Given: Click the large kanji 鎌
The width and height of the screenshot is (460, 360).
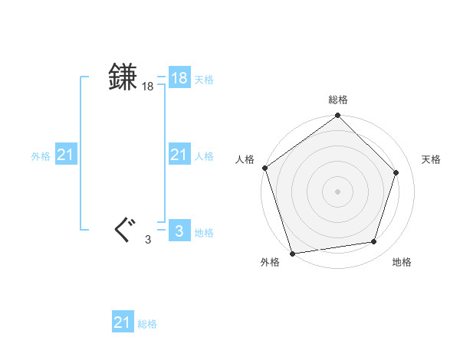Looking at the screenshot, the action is pyautogui.click(x=123, y=77).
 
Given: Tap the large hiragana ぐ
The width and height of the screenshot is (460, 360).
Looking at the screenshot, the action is pyautogui.click(x=123, y=230).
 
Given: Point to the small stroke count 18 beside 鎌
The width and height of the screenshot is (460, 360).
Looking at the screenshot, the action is pyautogui.click(x=147, y=87).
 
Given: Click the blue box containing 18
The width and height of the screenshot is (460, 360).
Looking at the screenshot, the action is pyautogui.click(x=179, y=78).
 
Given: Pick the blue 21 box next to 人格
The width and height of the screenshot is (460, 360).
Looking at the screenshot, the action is pyautogui.click(x=179, y=155).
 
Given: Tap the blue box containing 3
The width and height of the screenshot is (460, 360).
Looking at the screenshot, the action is pyautogui.click(x=179, y=231).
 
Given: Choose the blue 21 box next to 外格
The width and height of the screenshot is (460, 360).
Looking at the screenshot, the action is pyautogui.click(x=65, y=155).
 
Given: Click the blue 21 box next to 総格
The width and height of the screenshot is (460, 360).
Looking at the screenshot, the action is pyautogui.click(x=123, y=322).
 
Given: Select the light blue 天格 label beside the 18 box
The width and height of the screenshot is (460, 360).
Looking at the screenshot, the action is pyautogui.click(x=204, y=80).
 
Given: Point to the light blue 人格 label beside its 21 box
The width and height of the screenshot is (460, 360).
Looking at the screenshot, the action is pyautogui.click(x=204, y=156).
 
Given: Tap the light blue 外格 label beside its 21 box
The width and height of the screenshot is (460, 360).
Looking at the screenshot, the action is pyautogui.click(x=41, y=156).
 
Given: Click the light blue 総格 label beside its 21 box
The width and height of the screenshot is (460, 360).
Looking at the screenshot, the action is pyautogui.click(x=147, y=324).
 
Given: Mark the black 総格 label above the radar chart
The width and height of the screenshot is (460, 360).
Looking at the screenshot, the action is pyautogui.click(x=338, y=100).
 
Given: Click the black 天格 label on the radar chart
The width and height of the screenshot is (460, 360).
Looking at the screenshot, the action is pyautogui.click(x=432, y=159).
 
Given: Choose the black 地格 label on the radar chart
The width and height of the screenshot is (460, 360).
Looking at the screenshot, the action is pyautogui.click(x=402, y=262).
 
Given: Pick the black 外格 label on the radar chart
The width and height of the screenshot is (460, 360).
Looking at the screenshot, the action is pyautogui.click(x=270, y=262).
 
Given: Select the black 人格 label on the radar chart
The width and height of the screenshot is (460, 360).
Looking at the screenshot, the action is pyautogui.click(x=245, y=159).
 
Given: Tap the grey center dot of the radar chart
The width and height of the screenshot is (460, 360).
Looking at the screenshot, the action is pyautogui.click(x=337, y=190).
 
